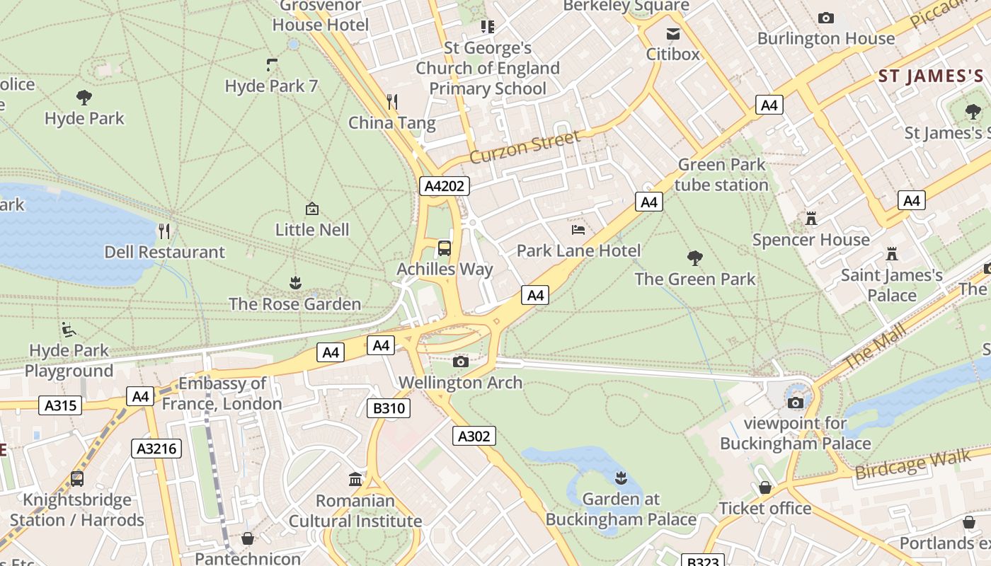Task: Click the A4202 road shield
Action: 445,186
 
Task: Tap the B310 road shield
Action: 389,408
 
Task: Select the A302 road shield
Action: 474,436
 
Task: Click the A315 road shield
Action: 62,405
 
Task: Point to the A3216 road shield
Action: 156,448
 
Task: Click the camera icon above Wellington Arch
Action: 460,362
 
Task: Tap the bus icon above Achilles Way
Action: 445,248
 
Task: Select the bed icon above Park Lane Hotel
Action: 578,230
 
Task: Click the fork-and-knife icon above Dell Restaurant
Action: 164,231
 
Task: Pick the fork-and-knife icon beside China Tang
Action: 393,102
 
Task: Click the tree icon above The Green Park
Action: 695,258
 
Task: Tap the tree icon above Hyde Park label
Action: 84,98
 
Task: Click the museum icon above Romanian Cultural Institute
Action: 355,480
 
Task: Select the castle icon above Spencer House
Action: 811,219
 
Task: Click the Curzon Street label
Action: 525,146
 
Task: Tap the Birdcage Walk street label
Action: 913,465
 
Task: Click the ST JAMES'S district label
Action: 931,76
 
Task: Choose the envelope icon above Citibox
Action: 672,33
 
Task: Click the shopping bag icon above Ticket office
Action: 765,487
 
